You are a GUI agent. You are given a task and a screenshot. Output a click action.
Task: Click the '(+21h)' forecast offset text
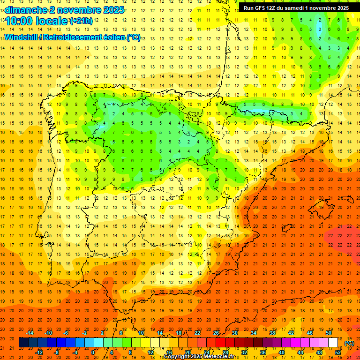tap(81, 21)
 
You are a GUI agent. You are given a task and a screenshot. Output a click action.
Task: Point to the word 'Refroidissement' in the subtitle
tap(75, 37)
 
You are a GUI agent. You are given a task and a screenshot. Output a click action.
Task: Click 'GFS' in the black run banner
tap(262, 8)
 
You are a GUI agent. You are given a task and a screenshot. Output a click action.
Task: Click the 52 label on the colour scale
tap(338, 352)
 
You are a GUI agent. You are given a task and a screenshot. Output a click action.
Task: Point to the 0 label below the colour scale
tap(93, 352)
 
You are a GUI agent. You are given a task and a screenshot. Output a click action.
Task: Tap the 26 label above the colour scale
tap(216, 333)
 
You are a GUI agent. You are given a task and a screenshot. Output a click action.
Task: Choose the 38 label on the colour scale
tap(272, 333)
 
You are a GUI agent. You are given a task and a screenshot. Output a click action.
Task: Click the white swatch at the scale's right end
tap(333, 343)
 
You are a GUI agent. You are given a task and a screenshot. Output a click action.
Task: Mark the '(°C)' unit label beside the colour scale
tap(349, 343)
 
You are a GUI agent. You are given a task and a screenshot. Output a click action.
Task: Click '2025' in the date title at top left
tap(114, 10)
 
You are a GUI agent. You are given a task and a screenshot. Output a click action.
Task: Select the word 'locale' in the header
tap(53, 21)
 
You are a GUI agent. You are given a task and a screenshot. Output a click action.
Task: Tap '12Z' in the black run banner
tap(276, 8)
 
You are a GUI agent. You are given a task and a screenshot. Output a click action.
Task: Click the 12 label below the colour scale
tap(151, 352)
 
